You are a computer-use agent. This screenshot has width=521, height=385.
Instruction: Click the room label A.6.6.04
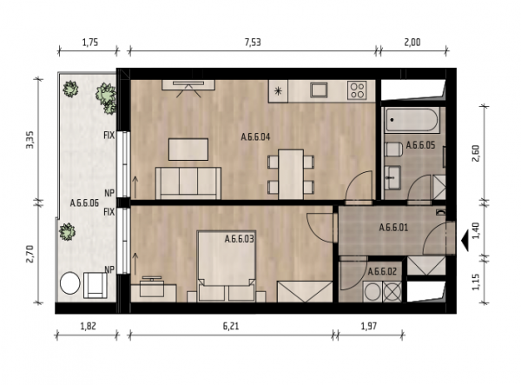click(255, 137)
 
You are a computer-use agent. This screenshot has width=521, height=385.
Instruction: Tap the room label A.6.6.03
click(240, 239)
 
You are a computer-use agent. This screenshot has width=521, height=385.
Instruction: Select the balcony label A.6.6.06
click(84, 203)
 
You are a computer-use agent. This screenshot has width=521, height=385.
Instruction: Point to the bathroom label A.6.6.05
click(420, 145)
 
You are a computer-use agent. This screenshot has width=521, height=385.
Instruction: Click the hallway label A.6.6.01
click(393, 228)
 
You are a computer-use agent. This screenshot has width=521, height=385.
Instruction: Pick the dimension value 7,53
click(253, 43)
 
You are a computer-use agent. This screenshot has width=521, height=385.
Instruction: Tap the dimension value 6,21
click(231, 326)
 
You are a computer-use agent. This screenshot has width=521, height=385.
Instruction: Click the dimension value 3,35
click(30, 140)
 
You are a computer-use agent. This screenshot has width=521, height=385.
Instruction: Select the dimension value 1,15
click(476, 282)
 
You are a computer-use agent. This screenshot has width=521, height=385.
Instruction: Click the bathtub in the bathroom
click(412, 120)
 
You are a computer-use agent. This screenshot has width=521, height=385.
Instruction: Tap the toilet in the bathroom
click(393, 149)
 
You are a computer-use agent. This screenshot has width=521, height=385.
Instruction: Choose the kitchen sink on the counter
click(319, 90)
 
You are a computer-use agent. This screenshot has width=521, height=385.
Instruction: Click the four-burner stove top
click(357, 90)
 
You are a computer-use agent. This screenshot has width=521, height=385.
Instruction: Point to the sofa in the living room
click(188, 183)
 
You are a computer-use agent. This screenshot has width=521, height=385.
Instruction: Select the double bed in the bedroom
click(227, 266)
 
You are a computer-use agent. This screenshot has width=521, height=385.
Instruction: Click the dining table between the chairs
click(291, 175)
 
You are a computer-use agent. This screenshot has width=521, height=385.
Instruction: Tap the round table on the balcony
click(70, 283)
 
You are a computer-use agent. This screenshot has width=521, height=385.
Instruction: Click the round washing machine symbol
click(373, 292)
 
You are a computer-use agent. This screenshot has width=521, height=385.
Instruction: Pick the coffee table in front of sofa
click(188, 149)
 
